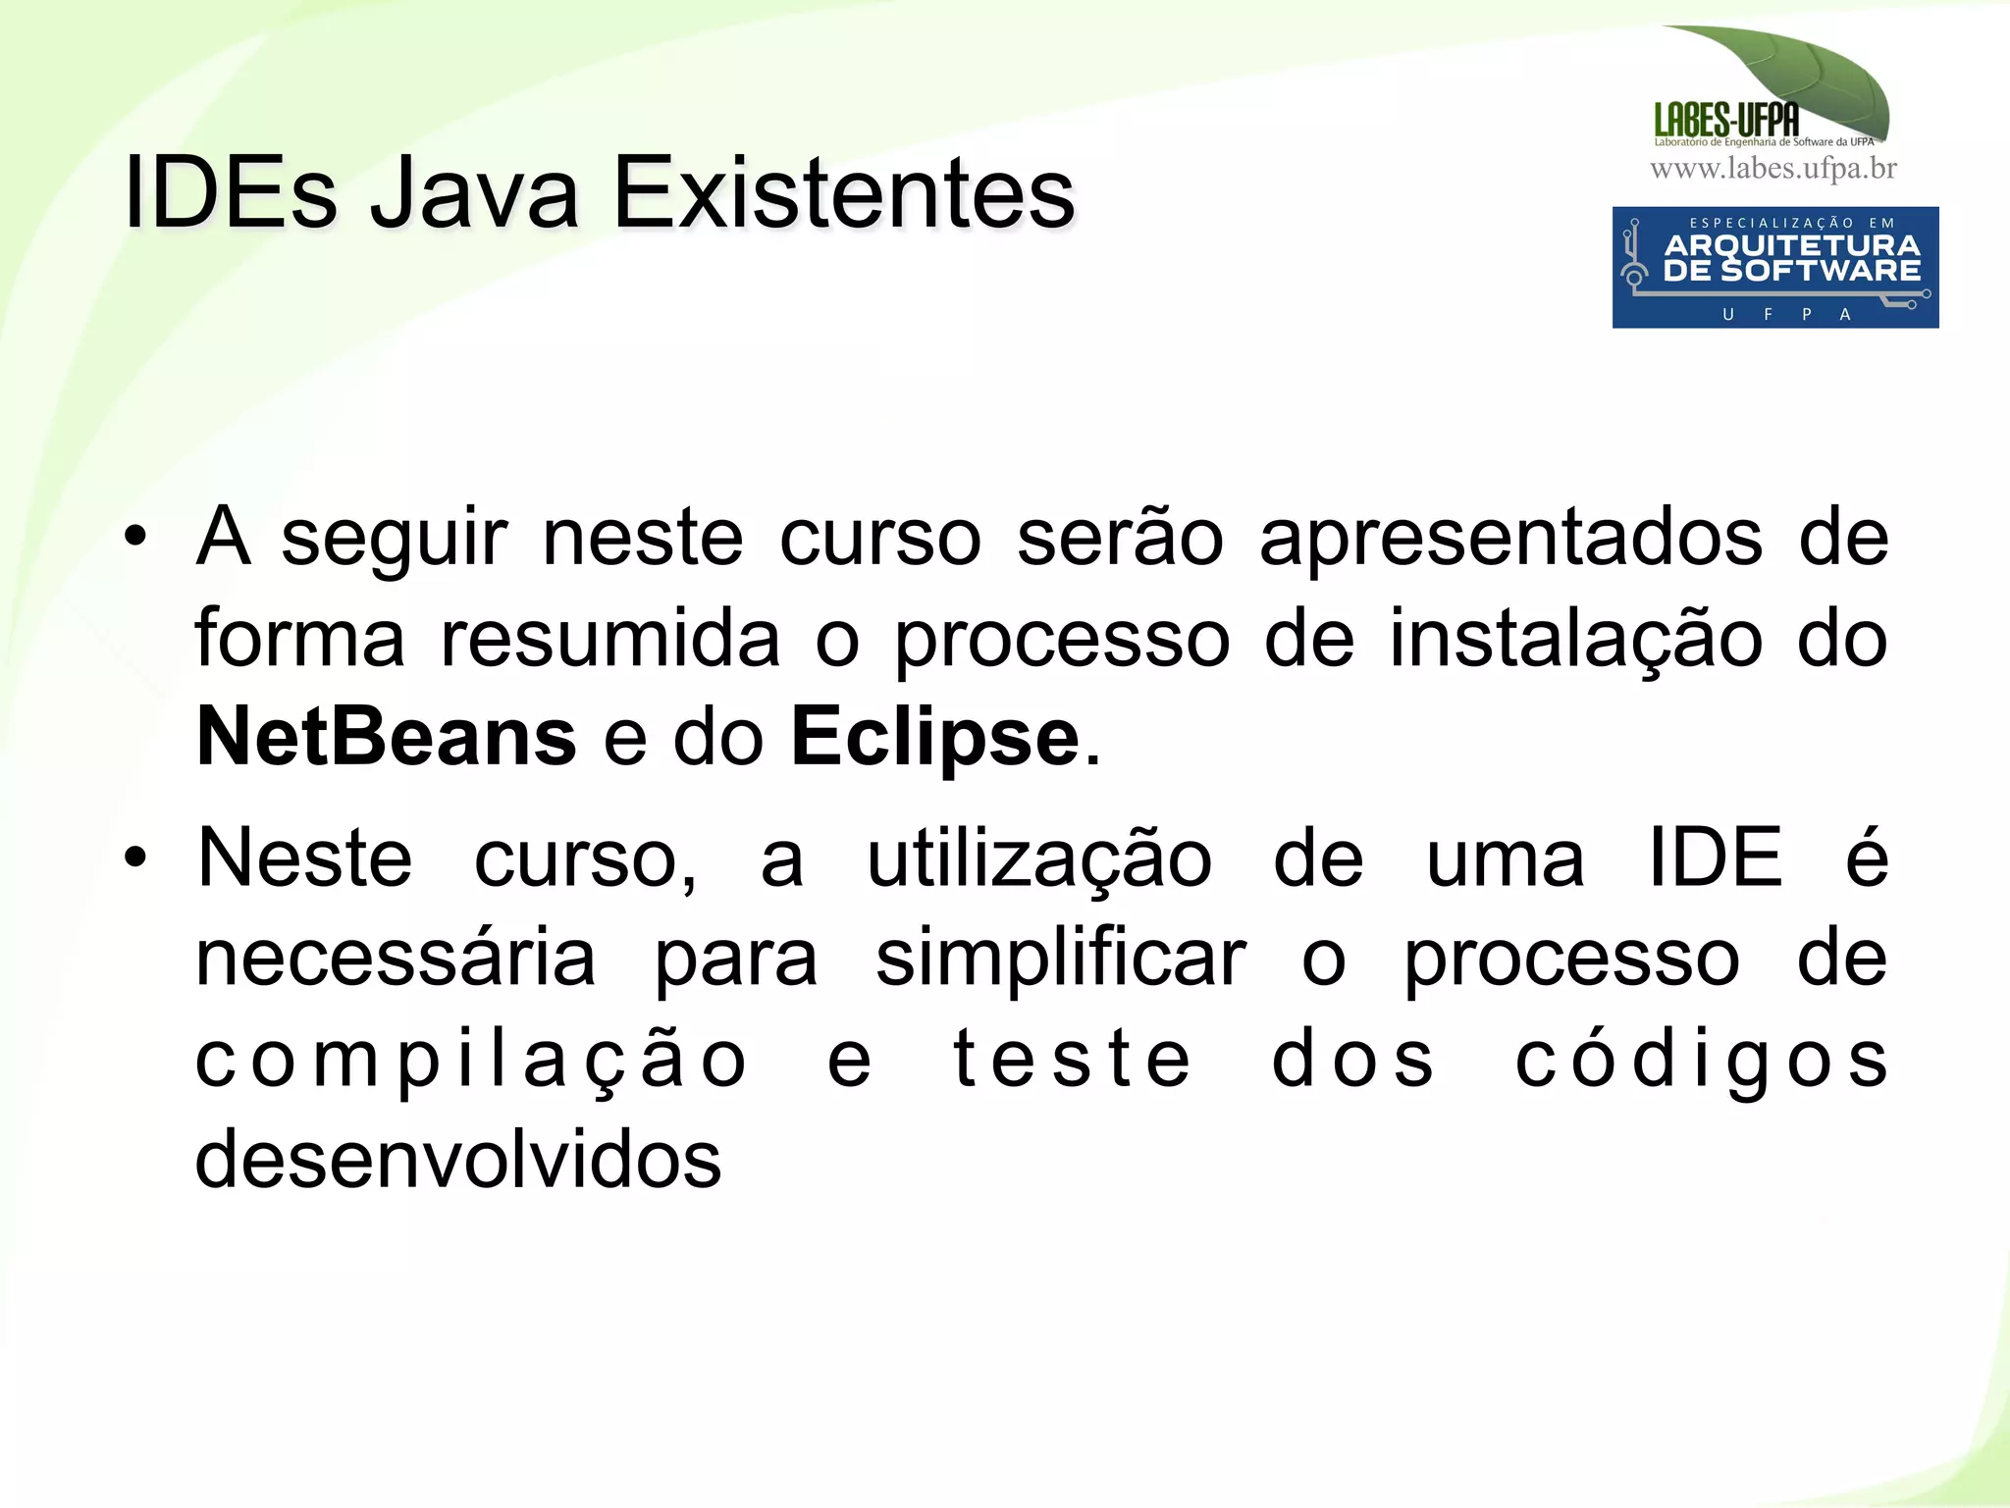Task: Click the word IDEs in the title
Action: click(231, 193)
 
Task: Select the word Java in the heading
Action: click(474, 193)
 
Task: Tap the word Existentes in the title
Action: click(844, 193)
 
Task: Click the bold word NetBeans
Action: click(386, 737)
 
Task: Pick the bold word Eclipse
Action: click(935, 737)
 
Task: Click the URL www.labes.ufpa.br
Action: click(1773, 169)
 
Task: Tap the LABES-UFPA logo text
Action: click(1726, 120)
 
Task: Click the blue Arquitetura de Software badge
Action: click(1774, 267)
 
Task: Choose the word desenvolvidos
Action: click(458, 1159)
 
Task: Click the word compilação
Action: click(472, 1061)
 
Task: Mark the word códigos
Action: click(1701, 1059)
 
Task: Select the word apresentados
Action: click(1510, 538)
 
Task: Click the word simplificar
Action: click(1060, 959)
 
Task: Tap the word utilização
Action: click(1039, 858)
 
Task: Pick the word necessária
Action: click(396, 959)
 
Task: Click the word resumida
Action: click(610, 638)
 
